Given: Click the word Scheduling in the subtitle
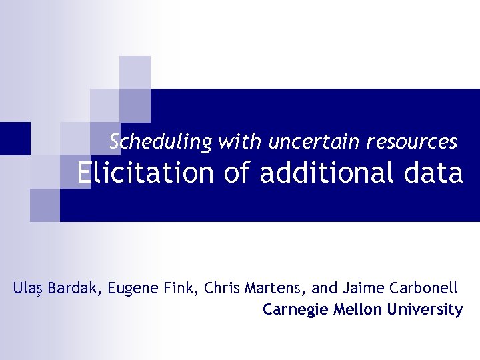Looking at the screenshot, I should pyautogui.click(x=161, y=142).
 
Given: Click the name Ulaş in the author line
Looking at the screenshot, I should pyautogui.click(x=27, y=289).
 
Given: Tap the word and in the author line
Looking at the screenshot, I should pyautogui.click(x=325, y=289).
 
